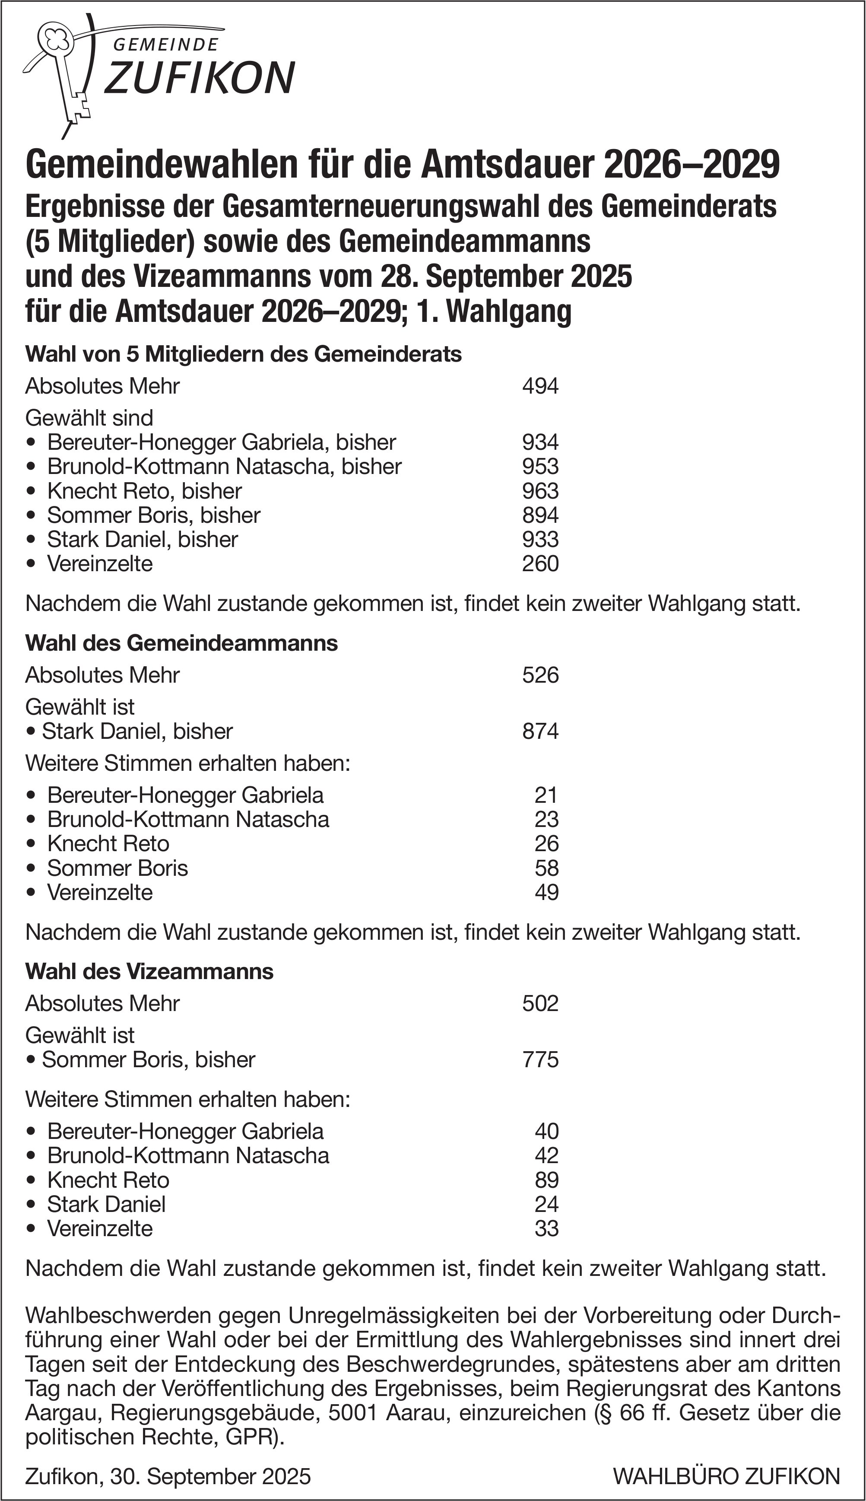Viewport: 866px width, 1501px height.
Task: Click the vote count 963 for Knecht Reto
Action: point(540,491)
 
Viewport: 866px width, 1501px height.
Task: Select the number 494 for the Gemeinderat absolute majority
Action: point(540,386)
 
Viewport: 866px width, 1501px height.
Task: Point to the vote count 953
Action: point(540,467)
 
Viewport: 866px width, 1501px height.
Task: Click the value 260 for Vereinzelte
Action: point(540,563)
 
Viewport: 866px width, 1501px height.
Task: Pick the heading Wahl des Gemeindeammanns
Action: point(181,643)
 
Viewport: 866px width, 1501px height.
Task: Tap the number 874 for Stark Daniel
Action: point(540,731)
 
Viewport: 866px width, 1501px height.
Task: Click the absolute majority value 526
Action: point(540,675)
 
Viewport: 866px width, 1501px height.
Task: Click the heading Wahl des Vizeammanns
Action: point(149,972)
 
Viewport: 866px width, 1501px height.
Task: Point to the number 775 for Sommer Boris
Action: point(540,1059)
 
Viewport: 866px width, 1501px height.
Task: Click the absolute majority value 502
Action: point(540,1004)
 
